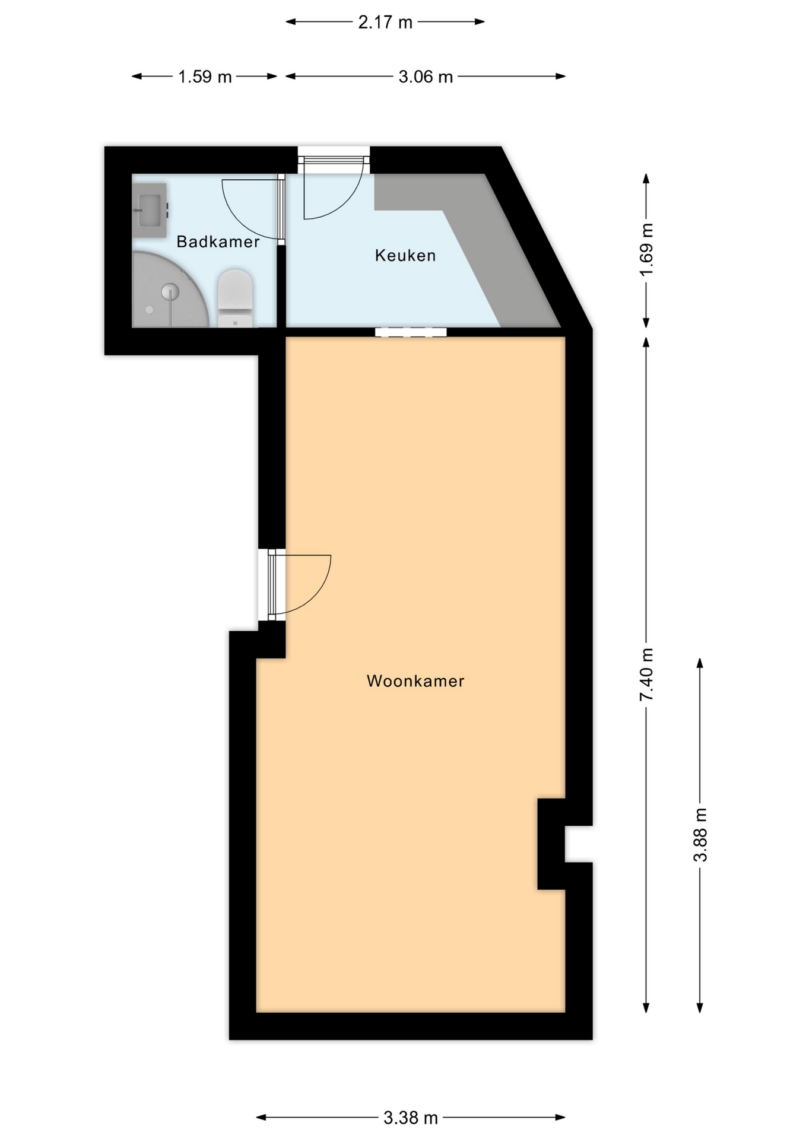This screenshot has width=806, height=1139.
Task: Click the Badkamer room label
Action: tap(218, 241)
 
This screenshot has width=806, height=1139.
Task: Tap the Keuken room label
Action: tap(405, 256)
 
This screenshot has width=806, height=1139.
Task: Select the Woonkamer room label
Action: tap(415, 681)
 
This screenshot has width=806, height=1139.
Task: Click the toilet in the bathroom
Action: tap(236, 298)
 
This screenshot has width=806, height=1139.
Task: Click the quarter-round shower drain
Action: tap(170, 291)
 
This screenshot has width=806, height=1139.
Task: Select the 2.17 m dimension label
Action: tap(385, 23)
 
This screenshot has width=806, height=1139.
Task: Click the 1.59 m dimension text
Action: tap(205, 77)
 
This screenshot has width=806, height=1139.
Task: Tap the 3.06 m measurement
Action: tap(426, 77)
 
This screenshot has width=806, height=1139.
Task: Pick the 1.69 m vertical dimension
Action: tap(646, 249)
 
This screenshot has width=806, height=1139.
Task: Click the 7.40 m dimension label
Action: tap(646, 675)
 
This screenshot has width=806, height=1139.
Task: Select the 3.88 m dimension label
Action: tap(700, 834)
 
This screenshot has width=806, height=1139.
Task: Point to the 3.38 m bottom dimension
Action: tap(411, 1118)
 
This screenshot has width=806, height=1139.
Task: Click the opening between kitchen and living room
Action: tap(411, 332)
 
